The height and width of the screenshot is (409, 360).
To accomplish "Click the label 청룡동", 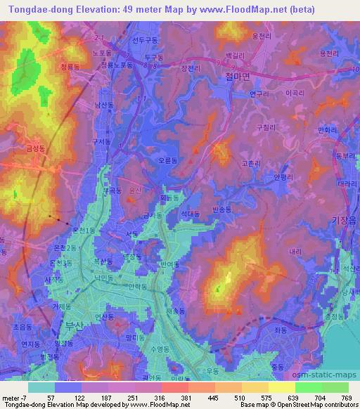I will click(x=71, y=67).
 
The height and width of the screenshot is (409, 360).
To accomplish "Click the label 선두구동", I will click(x=146, y=40).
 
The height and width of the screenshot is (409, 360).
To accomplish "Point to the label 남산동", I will click(x=104, y=104).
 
